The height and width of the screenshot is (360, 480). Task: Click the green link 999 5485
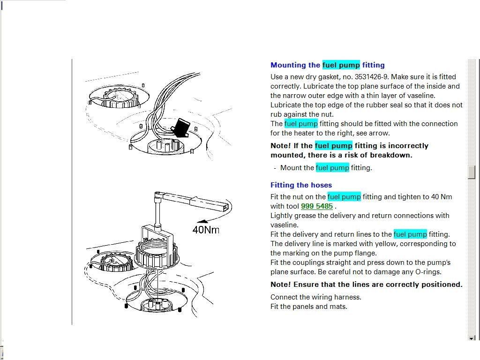pyautogui.click(x=317, y=206)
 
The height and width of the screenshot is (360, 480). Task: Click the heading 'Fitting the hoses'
pyautogui.click(x=301, y=185)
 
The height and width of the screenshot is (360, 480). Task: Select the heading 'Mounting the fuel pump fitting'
pyautogui.click(x=327, y=65)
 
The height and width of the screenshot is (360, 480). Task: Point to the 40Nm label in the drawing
pyautogui.click(x=206, y=230)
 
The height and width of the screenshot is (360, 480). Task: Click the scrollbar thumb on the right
pyautogui.click(x=472, y=172)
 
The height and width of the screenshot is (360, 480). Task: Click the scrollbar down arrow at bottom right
pyautogui.click(x=472, y=338)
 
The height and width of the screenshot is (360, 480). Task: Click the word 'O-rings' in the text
pyautogui.click(x=428, y=272)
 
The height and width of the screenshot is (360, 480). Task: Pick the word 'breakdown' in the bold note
pyautogui.click(x=390, y=155)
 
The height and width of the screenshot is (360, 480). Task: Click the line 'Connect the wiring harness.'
pyautogui.click(x=316, y=297)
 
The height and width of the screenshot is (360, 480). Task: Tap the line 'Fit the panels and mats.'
pyautogui.click(x=309, y=307)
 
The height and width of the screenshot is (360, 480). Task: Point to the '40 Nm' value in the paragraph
pyautogui.click(x=442, y=197)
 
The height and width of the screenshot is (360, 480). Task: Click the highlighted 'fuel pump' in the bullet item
pyautogui.click(x=332, y=168)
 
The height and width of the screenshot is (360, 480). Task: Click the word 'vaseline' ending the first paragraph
pyautogui.click(x=420, y=96)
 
